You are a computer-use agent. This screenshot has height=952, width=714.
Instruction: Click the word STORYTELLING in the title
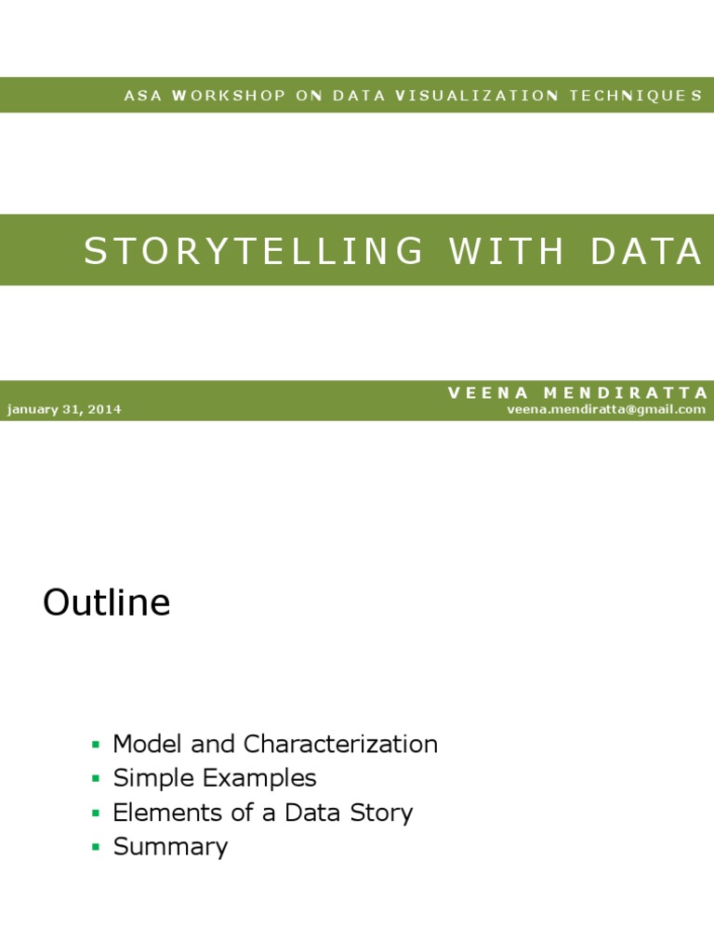coord(254,251)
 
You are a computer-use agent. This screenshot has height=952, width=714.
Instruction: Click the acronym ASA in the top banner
coord(142,96)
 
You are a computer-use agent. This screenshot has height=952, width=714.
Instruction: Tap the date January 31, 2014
coord(64,409)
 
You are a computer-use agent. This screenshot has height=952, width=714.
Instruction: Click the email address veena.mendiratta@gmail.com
coord(606,409)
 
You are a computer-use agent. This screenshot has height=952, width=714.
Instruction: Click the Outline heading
coord(107,603)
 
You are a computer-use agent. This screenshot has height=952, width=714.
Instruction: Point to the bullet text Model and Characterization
coord(275,744)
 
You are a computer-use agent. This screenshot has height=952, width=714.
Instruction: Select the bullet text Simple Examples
coord(215,778)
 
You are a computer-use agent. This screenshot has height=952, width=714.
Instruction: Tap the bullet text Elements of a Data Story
coord(263,813)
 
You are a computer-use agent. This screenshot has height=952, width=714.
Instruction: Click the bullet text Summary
coord(170,847)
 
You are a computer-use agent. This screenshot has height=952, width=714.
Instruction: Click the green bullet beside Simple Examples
coord(95,779)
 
